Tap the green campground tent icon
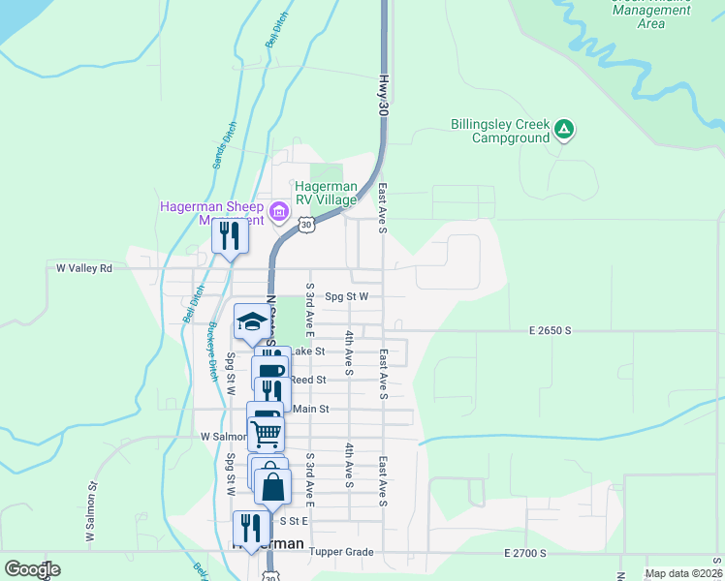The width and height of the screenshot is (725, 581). point(564,129)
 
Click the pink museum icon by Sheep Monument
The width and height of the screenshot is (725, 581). point(280,211)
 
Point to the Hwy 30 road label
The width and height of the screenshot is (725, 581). point(384,97)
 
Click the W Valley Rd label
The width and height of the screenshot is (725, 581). point(84,268)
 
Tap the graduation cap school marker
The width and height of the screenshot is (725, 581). point(252,322)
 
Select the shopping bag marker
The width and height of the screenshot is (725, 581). point(273,486)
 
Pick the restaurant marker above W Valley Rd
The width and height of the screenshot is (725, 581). point(230,235)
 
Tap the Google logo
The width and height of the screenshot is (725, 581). point(32,569)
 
